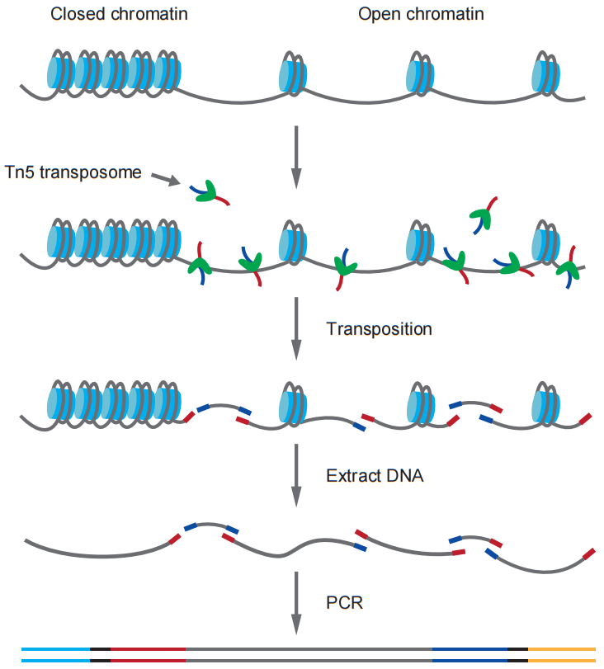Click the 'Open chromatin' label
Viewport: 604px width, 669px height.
tap(421, 14)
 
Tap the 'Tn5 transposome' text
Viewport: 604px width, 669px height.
tap(73, 172)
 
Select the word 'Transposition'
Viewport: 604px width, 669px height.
tap(379, 328)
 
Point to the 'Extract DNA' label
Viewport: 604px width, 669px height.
tap(375, 475)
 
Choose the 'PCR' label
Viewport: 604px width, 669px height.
tap(345, 602)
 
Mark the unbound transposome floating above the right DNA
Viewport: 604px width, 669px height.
tap(483, 216)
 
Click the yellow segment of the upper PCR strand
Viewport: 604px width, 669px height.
tap(561, 649)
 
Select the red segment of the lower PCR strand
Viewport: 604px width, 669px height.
tap(149, 661)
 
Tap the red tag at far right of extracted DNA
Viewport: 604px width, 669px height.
tap(588, 554)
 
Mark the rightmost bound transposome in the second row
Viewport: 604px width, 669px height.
tap(568, 268)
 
